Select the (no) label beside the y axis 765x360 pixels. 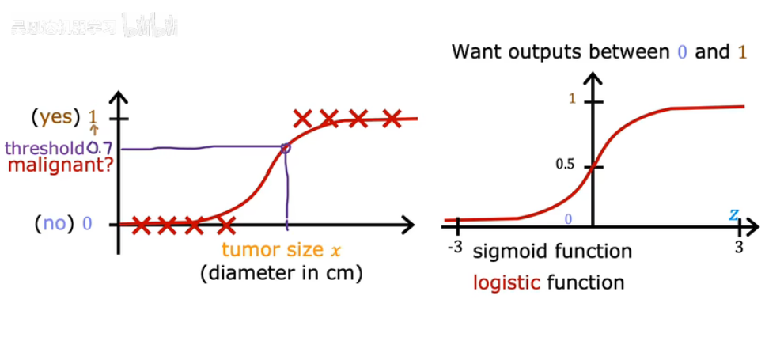tap(55, 224)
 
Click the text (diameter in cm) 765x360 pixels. tap(282, 274)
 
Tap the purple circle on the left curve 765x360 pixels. tap(286, 148)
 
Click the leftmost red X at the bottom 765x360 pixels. tap(141, 226)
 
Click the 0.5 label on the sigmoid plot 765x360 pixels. tap(564, 165)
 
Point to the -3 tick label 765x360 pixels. tap(454, 247)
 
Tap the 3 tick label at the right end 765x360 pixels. tap(739, 247)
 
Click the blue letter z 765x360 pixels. tap(734, 215)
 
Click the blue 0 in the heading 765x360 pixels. tap(682, 53)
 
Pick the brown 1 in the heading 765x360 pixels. tap(742, 53)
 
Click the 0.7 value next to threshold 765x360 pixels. tap(100, 148)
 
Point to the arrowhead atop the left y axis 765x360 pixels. tap(119, 97)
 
